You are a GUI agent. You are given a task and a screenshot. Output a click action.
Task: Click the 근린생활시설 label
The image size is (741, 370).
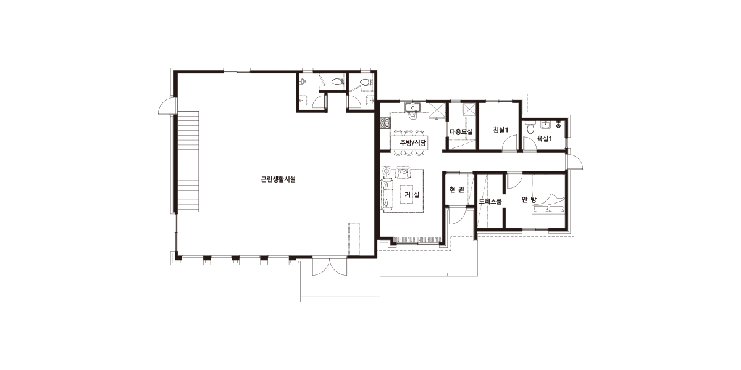(278, 179)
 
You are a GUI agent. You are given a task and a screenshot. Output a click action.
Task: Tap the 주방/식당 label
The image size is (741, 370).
(413, 142)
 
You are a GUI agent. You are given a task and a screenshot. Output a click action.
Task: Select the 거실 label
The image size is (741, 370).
(412, 195)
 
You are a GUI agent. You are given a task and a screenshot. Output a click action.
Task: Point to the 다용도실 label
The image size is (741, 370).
(461, 131)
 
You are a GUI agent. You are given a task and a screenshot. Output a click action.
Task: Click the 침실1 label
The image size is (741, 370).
(500, 130)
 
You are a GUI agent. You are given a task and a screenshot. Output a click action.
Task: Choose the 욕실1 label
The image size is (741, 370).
(544, 139)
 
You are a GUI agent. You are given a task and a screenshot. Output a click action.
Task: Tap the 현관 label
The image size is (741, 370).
(456, 190)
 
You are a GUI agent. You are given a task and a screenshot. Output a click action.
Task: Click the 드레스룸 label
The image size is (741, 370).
(490, 201)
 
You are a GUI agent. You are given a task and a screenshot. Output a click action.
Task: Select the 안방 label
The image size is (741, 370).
(529, 200)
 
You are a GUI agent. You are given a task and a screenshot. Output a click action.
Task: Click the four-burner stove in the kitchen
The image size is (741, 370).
(385, 123)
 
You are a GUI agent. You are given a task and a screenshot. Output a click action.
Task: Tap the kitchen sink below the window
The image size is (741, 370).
(412, 107)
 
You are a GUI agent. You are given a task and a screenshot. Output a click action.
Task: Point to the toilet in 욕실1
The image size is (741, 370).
(530, 128)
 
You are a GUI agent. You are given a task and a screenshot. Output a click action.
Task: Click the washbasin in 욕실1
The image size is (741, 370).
(545, 125)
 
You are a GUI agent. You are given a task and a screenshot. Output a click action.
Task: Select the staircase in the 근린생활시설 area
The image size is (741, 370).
(188, 162)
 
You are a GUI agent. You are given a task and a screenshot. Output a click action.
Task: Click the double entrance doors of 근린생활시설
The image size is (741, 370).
(330, 266)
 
